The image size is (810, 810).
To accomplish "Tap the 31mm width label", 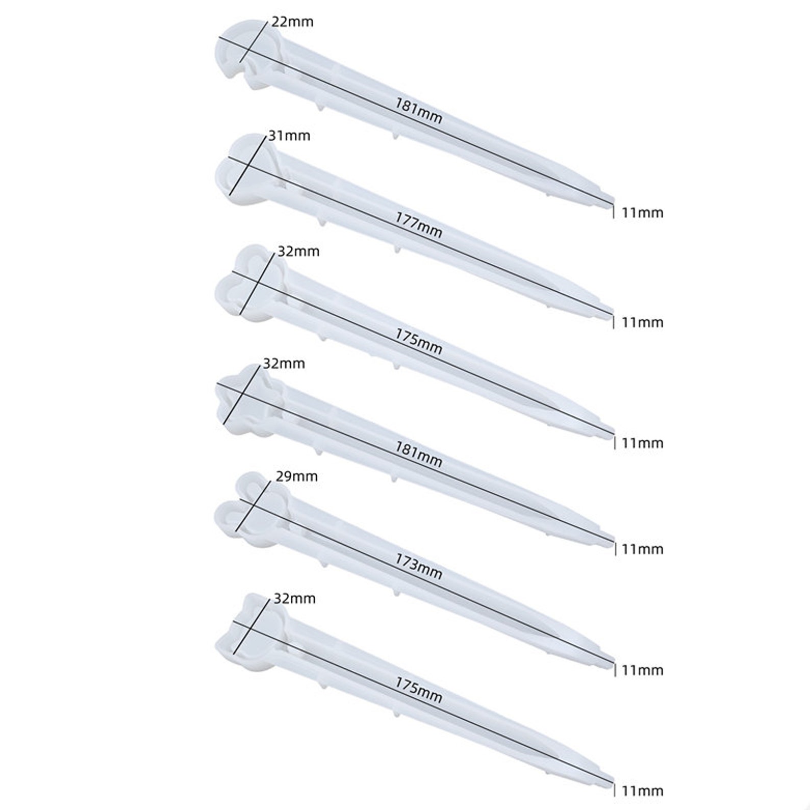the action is coord(289,136).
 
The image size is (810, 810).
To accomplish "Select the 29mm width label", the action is coord(296,476).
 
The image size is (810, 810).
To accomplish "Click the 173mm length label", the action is coord(419,566).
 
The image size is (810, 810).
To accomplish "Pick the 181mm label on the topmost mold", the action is coord(419,111).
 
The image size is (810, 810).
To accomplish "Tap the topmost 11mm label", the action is coord(642,213).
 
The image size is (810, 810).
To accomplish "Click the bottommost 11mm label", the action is coord(642,791).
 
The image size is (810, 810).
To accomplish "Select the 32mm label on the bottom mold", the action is coord(294,598).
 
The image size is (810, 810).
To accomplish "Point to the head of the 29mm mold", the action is coord(247,510).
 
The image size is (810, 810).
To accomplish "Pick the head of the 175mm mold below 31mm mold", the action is coord(247,283).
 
